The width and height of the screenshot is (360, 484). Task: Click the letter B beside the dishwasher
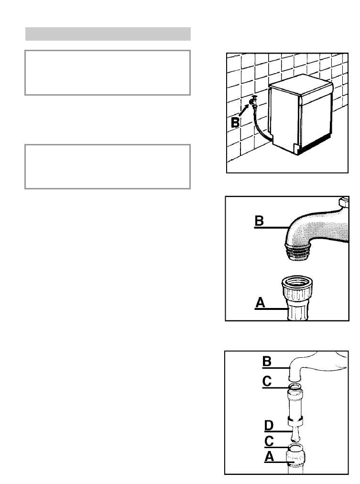(x=235, y=122)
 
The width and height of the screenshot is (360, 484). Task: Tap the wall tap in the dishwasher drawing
(x=253, y=102)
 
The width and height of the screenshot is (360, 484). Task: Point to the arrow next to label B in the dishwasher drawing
(x=244, y=110)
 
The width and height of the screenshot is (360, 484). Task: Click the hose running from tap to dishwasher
(x=261, y=127)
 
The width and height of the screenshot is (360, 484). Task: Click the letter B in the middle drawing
(x=259, y=220)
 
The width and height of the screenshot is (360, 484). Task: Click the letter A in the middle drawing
(x=261, y=302)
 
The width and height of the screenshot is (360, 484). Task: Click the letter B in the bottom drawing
(x=267, y=362)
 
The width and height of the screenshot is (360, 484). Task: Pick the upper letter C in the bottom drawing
(x=267, y=381)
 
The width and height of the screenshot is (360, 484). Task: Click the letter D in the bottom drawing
(x=269, y=425)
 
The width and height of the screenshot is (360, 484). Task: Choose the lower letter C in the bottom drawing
(x=269, y=441)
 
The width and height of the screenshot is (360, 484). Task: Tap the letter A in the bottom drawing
(x=269, y=456)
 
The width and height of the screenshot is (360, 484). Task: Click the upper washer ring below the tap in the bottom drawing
(x=295, y=386)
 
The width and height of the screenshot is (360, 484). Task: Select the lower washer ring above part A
(x=295, y=447)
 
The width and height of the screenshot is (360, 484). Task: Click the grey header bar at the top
(x=108, y=34)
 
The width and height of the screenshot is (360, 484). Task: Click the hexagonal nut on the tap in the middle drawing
(x=344, y=202)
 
